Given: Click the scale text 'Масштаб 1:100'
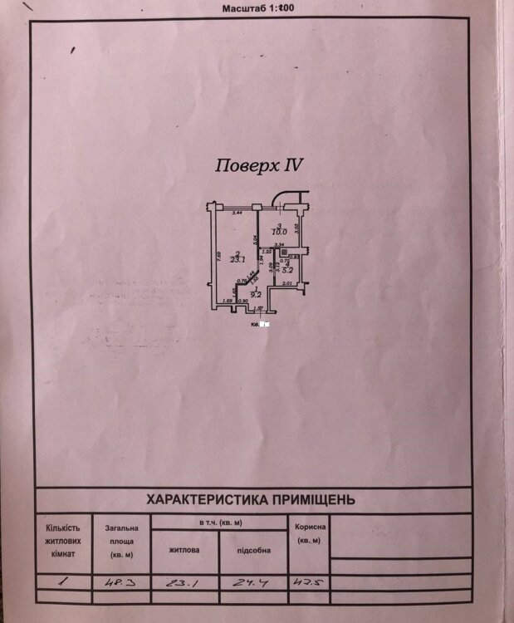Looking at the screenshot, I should point(259,8).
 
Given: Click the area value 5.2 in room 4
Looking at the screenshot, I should point(286,270).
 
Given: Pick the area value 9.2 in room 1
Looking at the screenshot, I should point(257,293).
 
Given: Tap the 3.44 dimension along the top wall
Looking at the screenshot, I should point(236,213).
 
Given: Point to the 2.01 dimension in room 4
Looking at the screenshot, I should point(286,285).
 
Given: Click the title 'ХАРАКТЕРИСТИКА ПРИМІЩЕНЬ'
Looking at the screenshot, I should point(250,499).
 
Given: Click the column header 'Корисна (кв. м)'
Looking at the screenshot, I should point(309,533).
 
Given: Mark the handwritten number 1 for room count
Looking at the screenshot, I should point(62,583).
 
